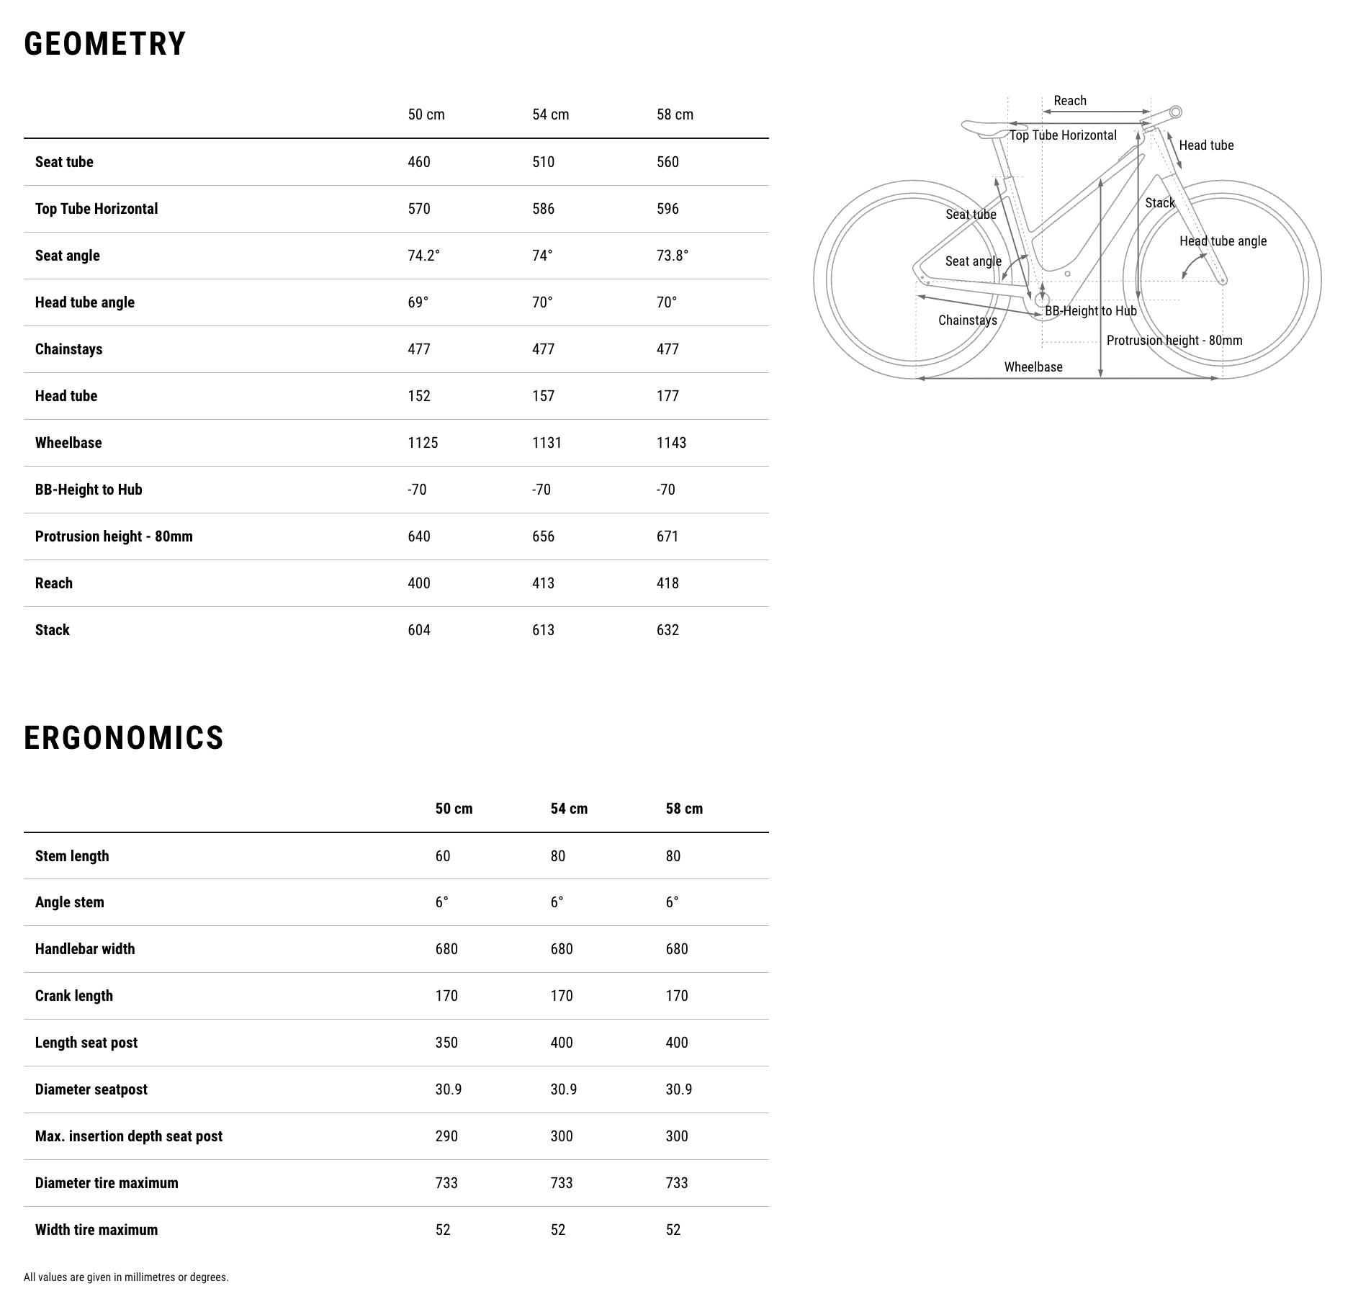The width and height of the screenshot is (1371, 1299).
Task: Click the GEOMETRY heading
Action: pyautogui.click(x=105, y=44)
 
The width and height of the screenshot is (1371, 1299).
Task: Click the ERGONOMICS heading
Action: pyautogui.click(x=124, y=738)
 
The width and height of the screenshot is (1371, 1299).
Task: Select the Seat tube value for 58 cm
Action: pyautogui.click(x=667, y=162)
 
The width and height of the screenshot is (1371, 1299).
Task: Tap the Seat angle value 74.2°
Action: pyautogui.click(x=423, y=256)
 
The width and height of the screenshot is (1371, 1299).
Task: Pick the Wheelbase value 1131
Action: pyautogui.click(x=547, y=443)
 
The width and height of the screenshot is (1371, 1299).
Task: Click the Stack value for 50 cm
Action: pyautogui.click(x=419, y=630)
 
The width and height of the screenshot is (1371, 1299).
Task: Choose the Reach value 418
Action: pyautogui.click(x=667, y=583)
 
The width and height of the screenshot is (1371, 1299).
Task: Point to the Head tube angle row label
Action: pyautogui.click(x=85, y=302)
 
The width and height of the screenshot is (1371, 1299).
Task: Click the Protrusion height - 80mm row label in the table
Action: pyautogui.click(x=114, y=536)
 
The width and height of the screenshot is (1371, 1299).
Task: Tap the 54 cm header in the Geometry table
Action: pyautogui.click(x=550, y=114)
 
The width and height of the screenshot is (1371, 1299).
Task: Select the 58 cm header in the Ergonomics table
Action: pyautogui.click(x=684, y=809)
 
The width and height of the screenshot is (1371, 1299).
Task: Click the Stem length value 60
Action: pyautogui.click(x=443, y=856)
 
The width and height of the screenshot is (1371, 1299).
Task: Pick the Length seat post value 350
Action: pyautogui.click(x=446, y=1043)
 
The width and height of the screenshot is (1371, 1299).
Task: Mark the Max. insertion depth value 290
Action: pyautogui.click(x=446, y=1136)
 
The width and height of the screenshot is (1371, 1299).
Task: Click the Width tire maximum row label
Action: pyautogui.click(x=96, y=1230)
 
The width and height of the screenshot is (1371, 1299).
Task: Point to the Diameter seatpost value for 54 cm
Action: pyautogui.click(x=563, y=1089)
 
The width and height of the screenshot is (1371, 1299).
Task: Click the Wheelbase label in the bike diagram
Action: pyautogui.click(x=1033, y=367)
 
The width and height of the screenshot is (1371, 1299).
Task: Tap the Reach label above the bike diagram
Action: pyautogui.click(x=1070, y=101)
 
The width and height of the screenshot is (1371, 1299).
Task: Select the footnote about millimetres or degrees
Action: pyautogui.click(x=126, y=1277)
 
